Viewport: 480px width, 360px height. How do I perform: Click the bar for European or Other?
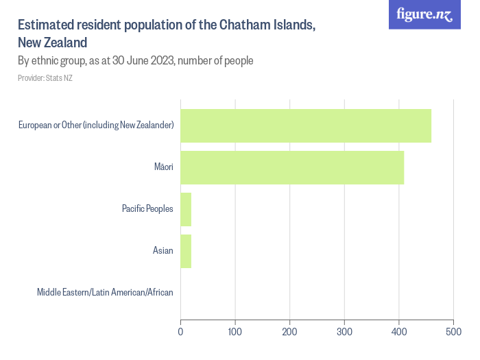(306, 125)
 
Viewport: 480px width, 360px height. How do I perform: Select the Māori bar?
(292, 167)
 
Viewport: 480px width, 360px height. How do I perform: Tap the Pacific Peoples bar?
(186, 208)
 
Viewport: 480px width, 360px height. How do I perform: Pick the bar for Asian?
(186, 250)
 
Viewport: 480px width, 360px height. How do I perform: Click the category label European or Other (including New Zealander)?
(96, 125)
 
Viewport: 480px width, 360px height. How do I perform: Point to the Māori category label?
(163, 167)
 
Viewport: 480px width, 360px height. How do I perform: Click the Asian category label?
(163, 250)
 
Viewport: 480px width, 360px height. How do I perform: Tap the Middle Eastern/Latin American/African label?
(105, 292)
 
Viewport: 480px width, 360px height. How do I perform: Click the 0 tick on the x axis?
(180, 332)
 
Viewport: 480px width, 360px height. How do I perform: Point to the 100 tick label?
(235, 332)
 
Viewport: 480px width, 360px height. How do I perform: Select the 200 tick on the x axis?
(290, 332)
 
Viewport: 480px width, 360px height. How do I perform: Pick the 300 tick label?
(344, 332)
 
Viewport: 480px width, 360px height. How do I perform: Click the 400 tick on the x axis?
(399, 332)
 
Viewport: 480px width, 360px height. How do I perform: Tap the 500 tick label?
(453, 332)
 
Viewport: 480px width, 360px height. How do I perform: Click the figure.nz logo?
(424, 14)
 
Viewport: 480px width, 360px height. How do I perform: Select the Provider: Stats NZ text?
(45, 78)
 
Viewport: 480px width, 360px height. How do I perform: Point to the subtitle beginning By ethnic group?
(136, 60)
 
